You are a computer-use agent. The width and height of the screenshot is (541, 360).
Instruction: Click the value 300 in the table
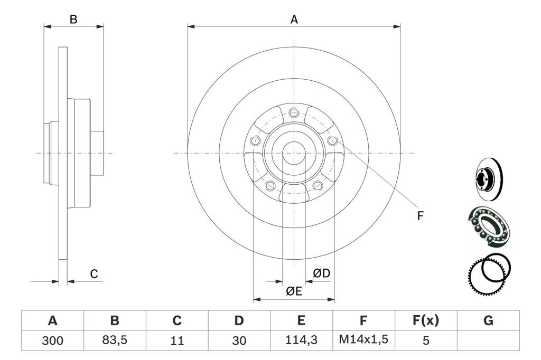[52, 340]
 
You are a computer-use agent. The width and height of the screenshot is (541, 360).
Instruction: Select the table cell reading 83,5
[115, 340]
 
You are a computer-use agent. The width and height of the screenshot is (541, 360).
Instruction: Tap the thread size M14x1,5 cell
[363, 339]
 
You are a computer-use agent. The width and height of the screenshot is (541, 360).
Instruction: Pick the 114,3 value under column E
[301, 340]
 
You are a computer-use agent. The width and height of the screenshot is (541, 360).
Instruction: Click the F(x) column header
[426, 320]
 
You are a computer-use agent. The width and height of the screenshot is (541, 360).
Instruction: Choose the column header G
[488, 320]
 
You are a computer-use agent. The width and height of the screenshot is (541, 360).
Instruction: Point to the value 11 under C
[177, 340]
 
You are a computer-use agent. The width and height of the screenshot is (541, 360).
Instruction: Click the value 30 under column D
[239, 340]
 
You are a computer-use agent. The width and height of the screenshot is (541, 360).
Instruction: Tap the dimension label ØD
[322, 273]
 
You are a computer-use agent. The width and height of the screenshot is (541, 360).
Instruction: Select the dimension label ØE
[294, 291]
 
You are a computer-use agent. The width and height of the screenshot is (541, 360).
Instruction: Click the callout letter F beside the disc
[420, 216]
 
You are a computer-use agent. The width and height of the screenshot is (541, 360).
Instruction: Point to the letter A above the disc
[294, 20]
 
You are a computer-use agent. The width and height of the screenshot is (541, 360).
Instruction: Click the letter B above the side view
[73, 20]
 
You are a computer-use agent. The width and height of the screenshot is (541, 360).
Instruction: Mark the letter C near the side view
[94, 274]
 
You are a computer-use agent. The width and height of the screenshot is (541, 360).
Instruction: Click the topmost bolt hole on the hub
[294, 112]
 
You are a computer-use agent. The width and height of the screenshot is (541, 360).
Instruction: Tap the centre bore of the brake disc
[294, 154]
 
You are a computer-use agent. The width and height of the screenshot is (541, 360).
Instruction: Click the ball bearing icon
[489, 226]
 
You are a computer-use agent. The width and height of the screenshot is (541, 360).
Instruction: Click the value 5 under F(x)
[426, 340]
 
